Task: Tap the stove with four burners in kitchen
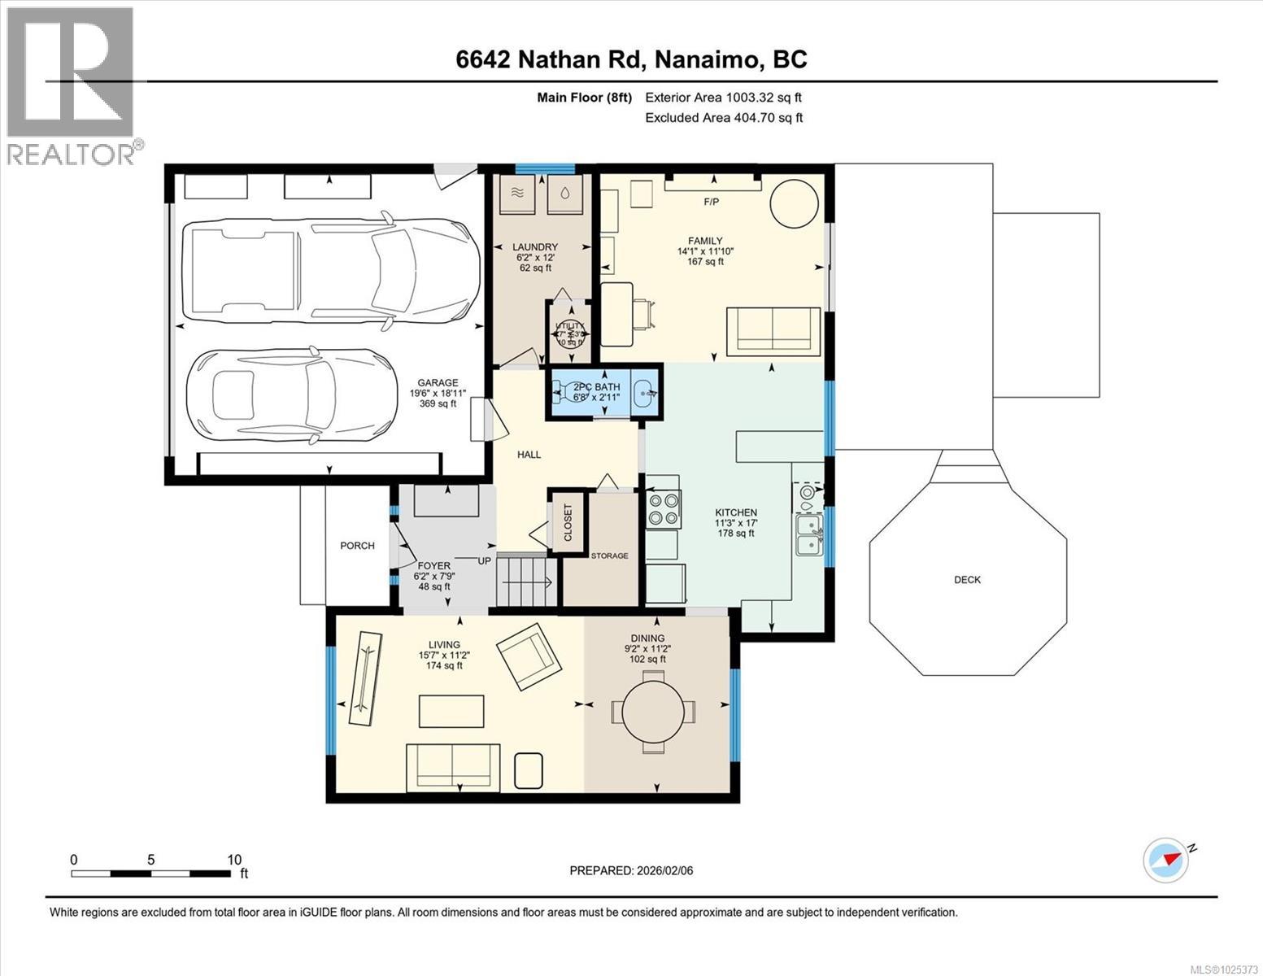[x=664, y=509]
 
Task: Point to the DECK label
[x=967, y=580]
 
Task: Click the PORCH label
[x=357, y=546]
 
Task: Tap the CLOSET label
[x=568, y=522]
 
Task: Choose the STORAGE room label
[x=609, y=556]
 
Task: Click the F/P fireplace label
[x=711, y=202]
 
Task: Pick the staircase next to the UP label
[x=525, y=581]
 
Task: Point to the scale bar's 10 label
[x=234, y=860]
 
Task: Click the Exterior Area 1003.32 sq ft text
[x=723, y=98]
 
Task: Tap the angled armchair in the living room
[x=530, y=655]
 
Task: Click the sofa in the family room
[x=773, y=330]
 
